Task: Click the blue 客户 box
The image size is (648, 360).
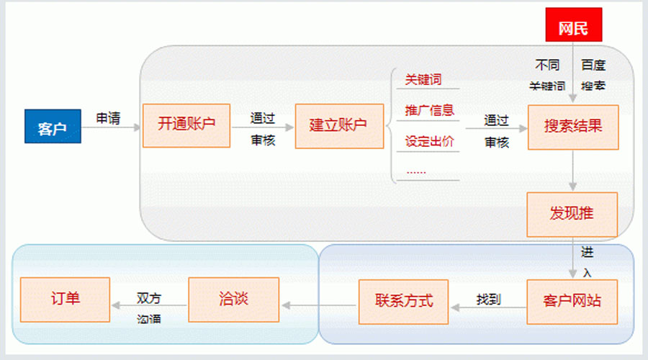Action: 53,126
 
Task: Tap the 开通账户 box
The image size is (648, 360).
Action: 186,125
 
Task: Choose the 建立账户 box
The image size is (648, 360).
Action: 338,125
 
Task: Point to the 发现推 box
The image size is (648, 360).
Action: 572,215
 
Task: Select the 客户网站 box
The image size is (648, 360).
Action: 572,300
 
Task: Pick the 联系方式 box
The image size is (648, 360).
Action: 403,300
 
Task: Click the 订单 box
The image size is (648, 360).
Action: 64,299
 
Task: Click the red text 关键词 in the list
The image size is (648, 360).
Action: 423,80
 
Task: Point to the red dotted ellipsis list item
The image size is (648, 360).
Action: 416,171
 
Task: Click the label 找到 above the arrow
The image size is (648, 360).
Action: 488,299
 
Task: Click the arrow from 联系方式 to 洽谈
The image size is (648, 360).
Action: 320,306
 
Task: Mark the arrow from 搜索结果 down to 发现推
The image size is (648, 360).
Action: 573,171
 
